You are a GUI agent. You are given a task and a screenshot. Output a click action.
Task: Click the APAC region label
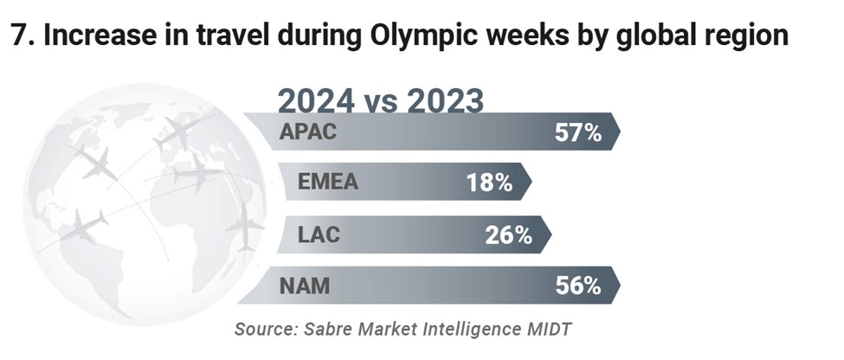(308, 133)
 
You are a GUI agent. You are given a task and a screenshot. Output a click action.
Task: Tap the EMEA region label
(327, 183)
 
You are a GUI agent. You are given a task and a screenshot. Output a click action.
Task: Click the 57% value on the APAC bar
(577, 133)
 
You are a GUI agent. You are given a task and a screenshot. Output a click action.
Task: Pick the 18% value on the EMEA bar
(489, 183)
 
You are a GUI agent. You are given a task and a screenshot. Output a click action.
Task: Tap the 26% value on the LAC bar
(508, 234)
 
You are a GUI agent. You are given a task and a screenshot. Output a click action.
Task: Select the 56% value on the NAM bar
(578, 285)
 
